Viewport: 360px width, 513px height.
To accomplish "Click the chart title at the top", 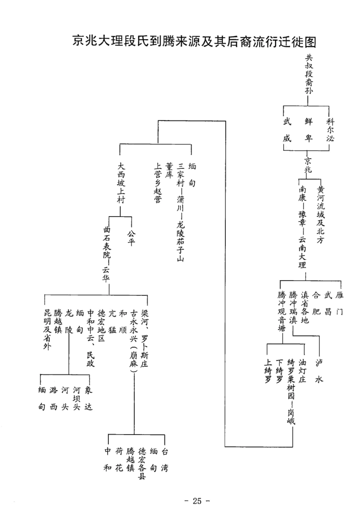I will coord(194,41).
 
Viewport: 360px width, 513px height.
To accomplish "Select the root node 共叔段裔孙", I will coord(309,74).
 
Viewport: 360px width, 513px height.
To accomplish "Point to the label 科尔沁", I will coord(330,130).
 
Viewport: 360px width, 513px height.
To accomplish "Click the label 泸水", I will coord(319,371).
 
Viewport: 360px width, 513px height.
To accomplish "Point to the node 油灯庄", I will coord(302,371).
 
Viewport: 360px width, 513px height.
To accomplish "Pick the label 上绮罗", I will coord(267,371).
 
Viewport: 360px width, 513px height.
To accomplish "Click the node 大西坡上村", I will coord(121,183).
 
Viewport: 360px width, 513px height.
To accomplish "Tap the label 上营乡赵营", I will coord(158,183).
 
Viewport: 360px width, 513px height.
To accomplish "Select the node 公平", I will coord(131,238).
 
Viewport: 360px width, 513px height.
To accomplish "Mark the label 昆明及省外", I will coord(47,329).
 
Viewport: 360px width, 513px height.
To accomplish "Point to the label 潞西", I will coord(54,398).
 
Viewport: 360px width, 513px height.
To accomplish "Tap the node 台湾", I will coord(165,460).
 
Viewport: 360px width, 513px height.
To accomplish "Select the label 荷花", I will coord(119,460).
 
